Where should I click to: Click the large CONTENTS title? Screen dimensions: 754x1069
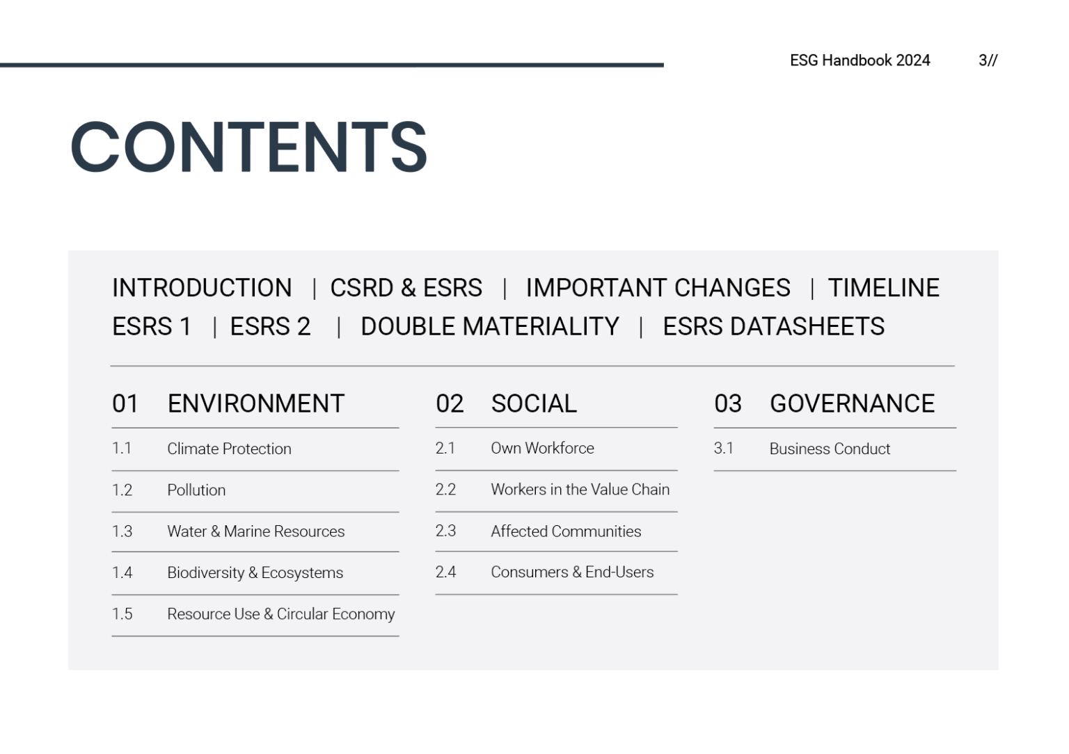[248, 147]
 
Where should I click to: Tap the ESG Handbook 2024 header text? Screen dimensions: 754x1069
[860, 61]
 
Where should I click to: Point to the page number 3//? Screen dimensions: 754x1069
[988, 61]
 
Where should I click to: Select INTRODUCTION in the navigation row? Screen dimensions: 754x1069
[202, 288]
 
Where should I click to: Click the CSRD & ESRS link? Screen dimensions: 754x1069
[406, 288]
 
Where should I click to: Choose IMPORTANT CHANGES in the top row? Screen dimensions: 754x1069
[658, 288]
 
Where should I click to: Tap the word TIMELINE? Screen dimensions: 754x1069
[883, 288]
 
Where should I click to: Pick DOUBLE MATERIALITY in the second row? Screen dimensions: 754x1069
[489, 327]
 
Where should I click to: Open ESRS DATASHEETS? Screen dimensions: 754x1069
[773, 327]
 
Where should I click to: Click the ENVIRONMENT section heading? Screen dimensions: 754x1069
[255, 403]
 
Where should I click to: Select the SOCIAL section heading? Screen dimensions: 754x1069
[534, 403]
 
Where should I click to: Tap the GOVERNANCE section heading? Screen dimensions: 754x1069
[852, 403]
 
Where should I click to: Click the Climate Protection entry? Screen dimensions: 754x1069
[229, 449]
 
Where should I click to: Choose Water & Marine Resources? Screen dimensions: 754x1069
[255, 531]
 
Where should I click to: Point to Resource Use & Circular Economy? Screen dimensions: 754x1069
[280, 614]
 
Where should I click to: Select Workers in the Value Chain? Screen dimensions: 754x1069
[580, 490]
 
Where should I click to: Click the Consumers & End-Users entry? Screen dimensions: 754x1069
[572, 572]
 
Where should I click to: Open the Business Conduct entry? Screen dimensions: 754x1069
[830, 449]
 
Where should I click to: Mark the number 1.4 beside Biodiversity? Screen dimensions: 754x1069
[122, 572]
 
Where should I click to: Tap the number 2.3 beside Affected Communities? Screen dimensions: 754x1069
[445, 531]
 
